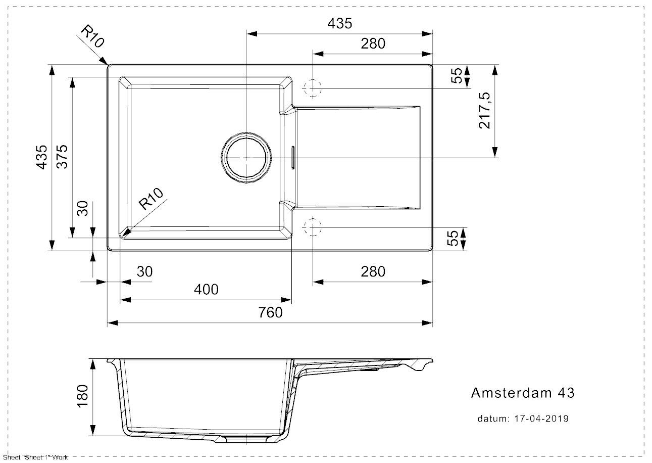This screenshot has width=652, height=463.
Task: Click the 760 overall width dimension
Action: point(271,313)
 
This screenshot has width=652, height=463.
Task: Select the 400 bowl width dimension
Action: point(206,290)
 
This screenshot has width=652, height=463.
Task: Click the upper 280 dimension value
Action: point(373,44)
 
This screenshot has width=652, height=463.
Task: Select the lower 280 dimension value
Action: point(373,272)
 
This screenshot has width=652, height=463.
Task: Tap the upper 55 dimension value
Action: point(456,76)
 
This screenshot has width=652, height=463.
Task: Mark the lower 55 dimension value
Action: point(456,238)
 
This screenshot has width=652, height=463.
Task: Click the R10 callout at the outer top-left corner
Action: point(92,37)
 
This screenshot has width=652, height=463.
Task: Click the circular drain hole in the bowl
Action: point(245,158)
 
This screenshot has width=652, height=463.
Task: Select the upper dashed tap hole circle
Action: point(313,88)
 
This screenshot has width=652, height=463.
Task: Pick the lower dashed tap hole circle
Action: point(313,227)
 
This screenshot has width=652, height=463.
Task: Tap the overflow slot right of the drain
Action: point(292,157)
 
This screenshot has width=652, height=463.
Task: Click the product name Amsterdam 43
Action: point(522,393)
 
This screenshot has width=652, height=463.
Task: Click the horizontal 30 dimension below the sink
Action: point(144,272)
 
